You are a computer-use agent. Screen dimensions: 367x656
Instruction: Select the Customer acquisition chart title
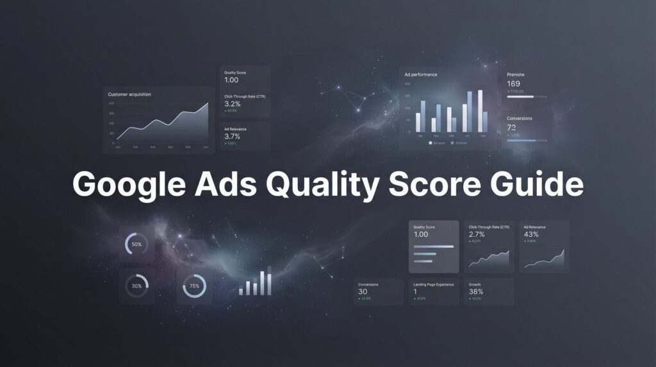(130, 94)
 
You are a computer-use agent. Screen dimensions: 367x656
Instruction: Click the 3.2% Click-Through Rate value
(233, 104)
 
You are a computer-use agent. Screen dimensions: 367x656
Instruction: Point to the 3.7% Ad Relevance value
(233, 136)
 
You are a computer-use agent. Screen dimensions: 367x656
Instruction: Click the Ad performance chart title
(421, 74)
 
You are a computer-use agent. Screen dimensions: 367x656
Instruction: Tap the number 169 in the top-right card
(514, 84)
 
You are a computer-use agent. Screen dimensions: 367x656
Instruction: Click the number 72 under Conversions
(512, 128)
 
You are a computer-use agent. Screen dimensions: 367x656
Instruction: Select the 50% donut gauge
(136, 244)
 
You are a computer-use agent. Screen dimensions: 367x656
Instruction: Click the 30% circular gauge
(136, 286)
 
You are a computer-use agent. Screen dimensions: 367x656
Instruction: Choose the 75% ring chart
(195, 286)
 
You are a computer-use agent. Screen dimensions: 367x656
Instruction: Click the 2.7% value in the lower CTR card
(477, 235)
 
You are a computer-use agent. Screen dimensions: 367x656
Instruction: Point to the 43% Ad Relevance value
(530, 235)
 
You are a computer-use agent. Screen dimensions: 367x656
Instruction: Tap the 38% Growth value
(476, 291)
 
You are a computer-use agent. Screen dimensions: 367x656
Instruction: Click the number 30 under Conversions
(363, 291)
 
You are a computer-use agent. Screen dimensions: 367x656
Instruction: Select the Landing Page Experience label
(434, 284)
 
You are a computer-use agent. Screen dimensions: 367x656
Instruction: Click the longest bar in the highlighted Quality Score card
(434, 246)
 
